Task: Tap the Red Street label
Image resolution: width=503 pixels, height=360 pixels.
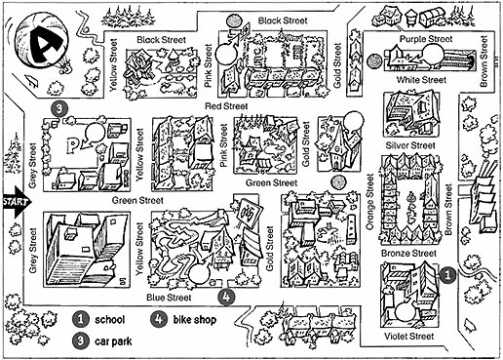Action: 226,106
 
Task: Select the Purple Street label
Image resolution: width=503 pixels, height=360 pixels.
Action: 426,39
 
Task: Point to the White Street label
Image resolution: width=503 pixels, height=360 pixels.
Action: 421,80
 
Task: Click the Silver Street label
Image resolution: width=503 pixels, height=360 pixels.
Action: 410,145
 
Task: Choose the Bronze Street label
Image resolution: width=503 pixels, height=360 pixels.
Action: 408,253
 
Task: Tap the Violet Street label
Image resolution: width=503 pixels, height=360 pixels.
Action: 408,336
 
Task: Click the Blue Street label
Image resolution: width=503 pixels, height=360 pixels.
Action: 169,298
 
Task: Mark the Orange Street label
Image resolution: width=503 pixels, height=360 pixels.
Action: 369,202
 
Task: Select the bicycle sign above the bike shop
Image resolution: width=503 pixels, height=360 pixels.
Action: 250,213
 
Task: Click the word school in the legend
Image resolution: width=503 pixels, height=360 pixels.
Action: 109,319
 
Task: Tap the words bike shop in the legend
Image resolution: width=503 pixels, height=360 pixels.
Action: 194,319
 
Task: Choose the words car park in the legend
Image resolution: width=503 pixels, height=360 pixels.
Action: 113,341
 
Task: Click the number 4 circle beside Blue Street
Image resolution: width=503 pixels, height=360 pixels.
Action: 226,297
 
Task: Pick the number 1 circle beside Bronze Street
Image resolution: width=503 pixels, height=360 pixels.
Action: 447,275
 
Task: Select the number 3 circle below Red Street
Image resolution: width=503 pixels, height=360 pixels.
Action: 59,108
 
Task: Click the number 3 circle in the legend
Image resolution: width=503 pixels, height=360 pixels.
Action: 81,341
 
